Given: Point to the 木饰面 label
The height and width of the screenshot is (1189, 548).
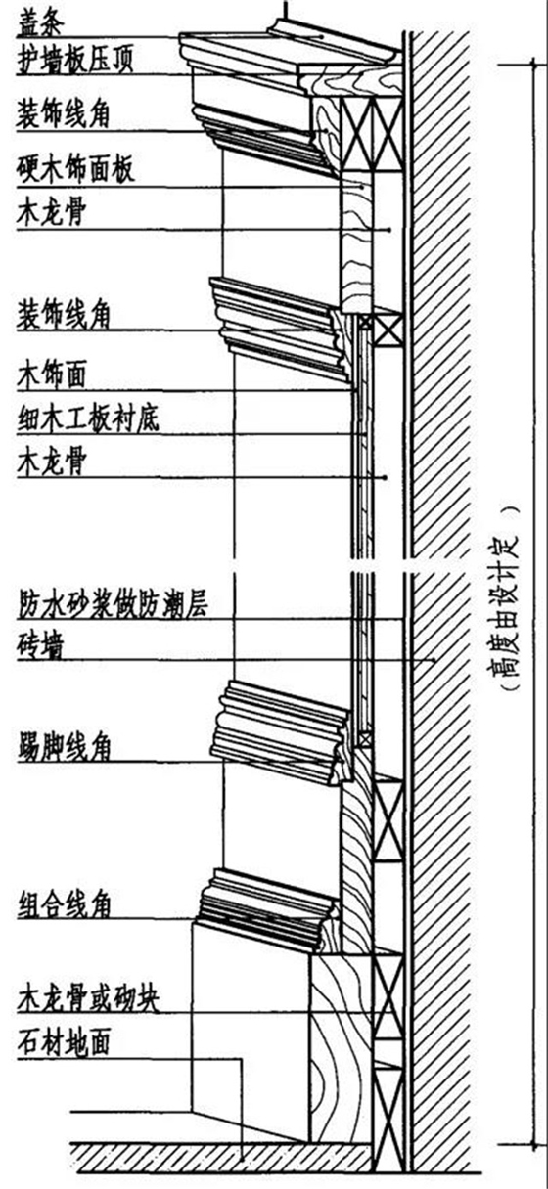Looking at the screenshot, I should [53, 373].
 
